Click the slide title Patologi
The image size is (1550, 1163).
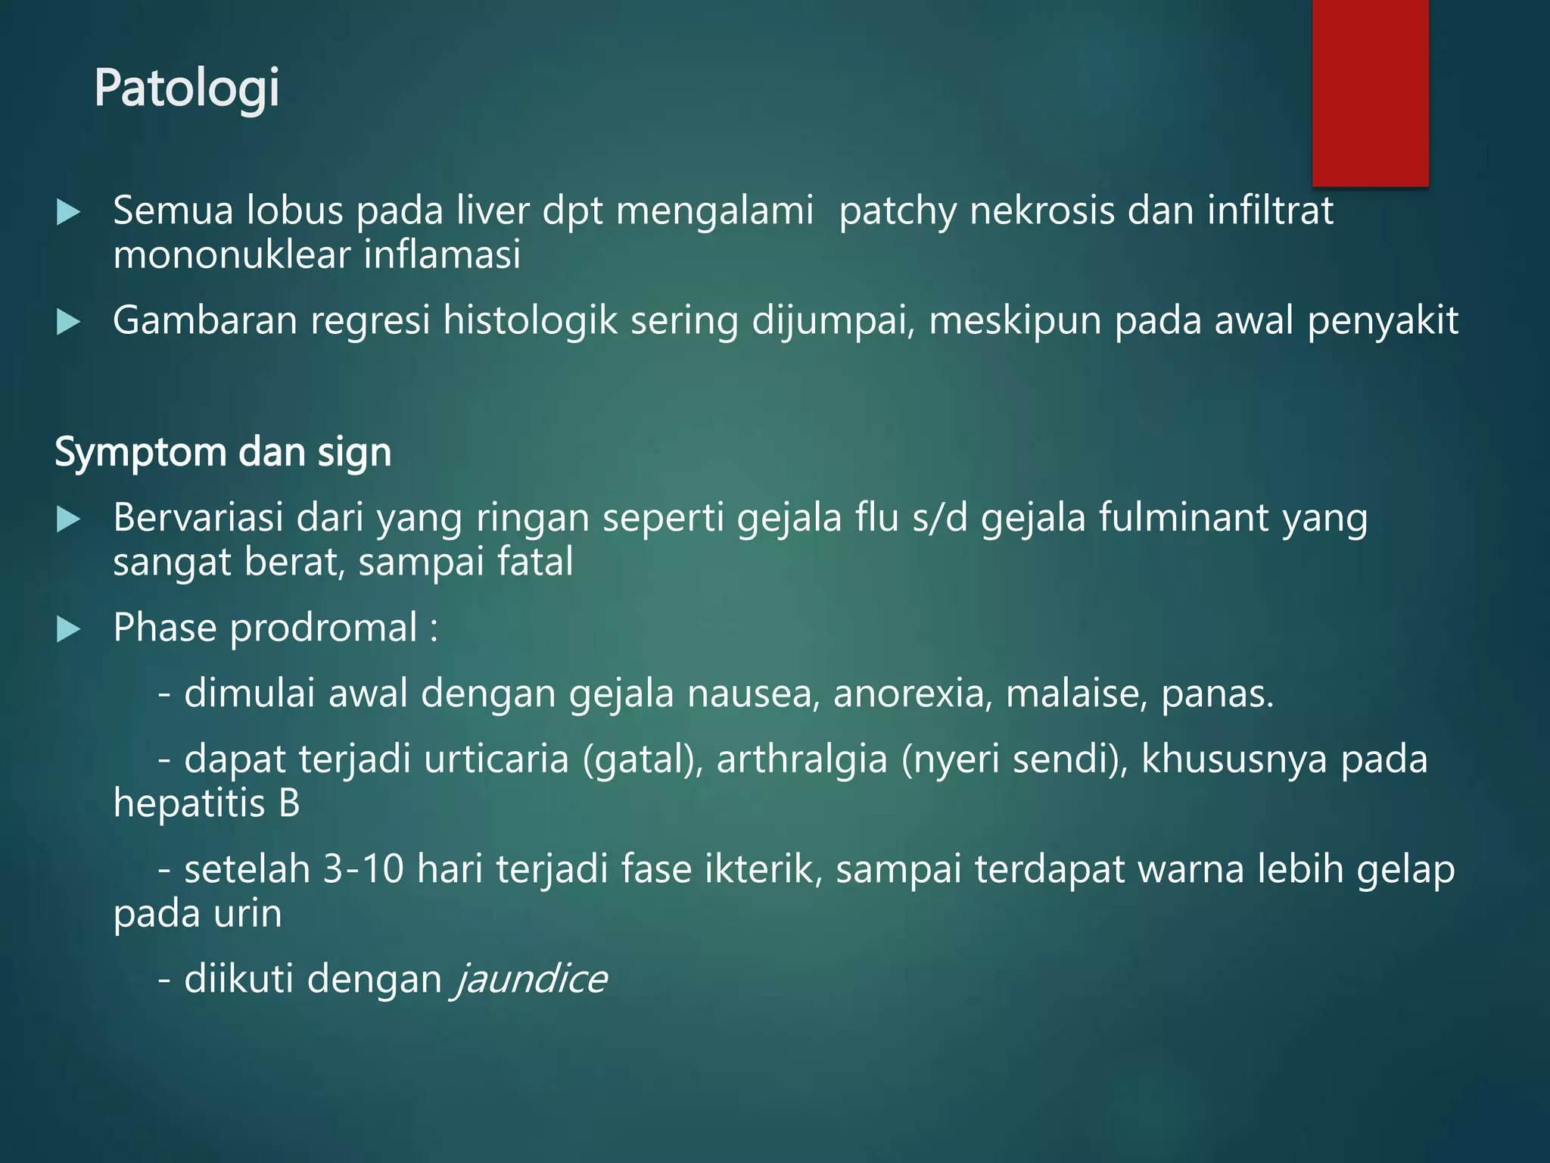coord(187,89)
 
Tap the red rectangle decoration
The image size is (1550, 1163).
coord(1370,92)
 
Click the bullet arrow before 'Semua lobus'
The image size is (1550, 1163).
coord(68,212)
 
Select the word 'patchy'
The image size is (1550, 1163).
coord(898,211)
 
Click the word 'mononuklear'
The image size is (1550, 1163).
coord(232,254)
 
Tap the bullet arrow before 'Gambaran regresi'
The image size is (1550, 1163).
coord(68,323)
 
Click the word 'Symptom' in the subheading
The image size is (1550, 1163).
coord(141,453)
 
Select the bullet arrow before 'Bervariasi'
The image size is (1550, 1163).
coord(68,519)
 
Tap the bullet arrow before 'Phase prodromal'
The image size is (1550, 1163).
coord(68,629)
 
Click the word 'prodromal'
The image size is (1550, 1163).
coord(323,628)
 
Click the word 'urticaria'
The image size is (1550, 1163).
coord(496,759)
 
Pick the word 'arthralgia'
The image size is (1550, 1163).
coord(801,759)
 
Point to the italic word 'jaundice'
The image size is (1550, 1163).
coord(531,979)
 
